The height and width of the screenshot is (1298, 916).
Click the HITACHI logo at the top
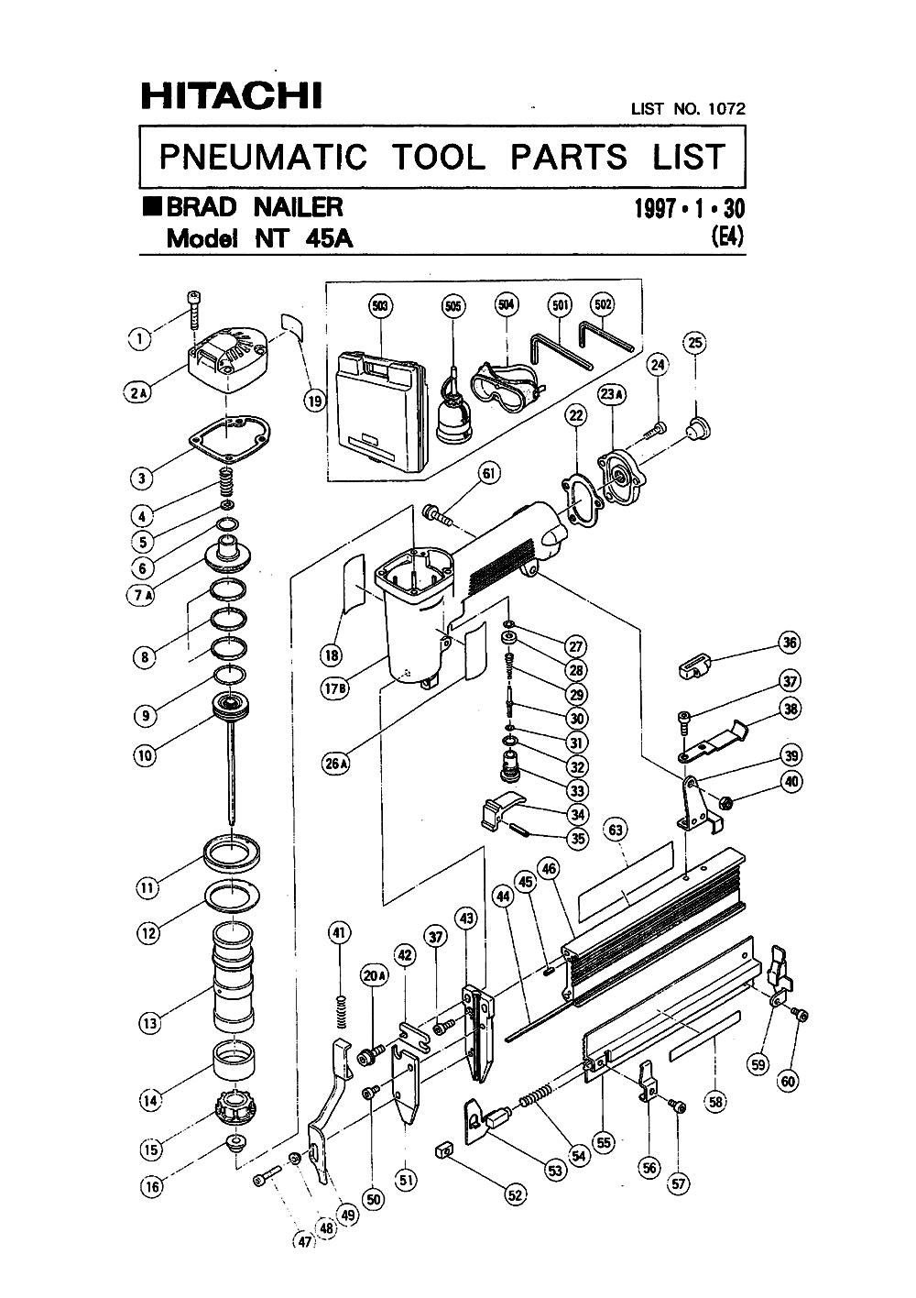tap(232, 96)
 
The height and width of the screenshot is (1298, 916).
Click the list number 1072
tap(726, 108)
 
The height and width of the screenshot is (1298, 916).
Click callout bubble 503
tap(380, 305)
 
